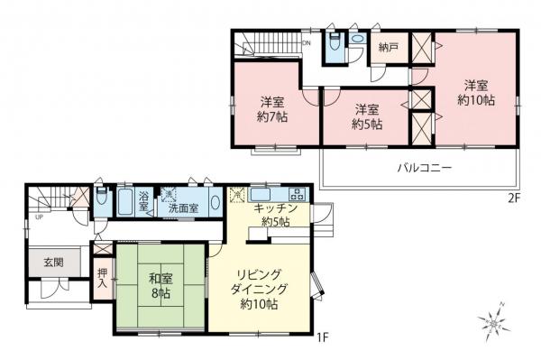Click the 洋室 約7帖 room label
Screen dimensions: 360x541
[x=270, y=108]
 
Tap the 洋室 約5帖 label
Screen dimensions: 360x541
[x=365, y=115]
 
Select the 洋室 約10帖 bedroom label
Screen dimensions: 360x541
[x=475, y=93]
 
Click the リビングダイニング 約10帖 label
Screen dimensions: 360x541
[x=259, y=288]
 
